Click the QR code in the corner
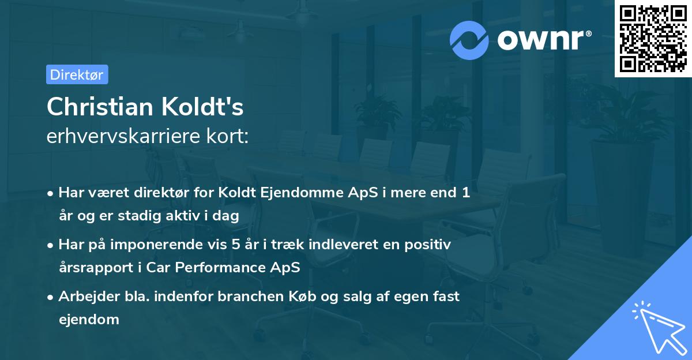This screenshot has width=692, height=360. [x=652, y=38]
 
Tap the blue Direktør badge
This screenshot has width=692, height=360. [x=77, y=74]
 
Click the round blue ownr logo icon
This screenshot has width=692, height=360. [x=469, y=40]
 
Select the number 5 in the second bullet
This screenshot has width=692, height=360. [x=235, y=245]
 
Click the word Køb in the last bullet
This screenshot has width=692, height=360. [x=298, y=296]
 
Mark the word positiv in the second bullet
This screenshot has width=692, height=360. [x=429, y=245]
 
